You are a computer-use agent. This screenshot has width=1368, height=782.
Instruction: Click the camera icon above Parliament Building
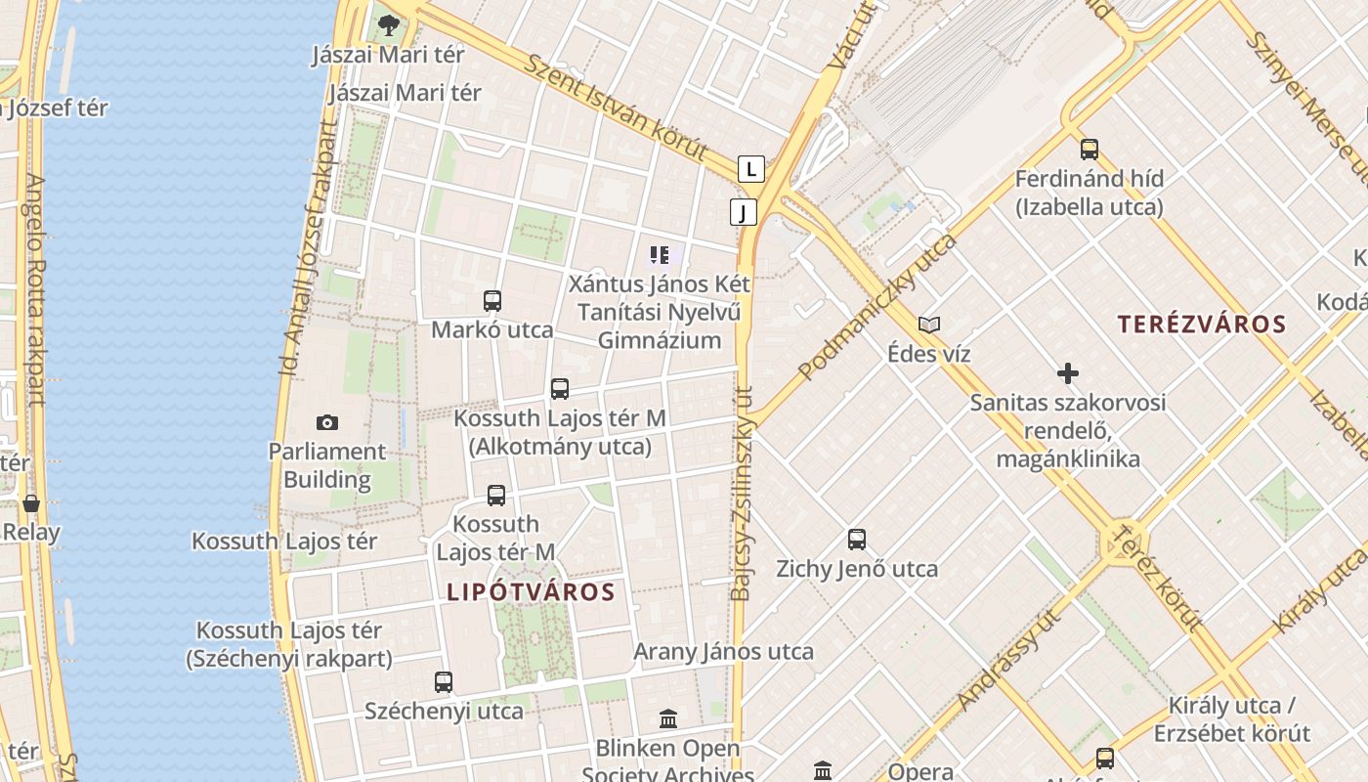point(327,422)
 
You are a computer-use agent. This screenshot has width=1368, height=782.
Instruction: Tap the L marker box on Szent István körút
point(750,169)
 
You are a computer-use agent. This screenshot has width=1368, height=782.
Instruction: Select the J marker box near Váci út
point(744,212)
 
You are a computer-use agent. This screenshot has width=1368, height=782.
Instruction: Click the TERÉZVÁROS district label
point(1201,325)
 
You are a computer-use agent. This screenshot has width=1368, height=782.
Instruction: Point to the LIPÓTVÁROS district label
point(531,591)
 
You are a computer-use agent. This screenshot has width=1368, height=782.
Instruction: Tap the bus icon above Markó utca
point(492,300)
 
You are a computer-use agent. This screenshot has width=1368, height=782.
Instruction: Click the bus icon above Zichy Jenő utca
point(857,539)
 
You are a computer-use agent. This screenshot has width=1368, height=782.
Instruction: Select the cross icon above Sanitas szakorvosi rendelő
point(1068,372)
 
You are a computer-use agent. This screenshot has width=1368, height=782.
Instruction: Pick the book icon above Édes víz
point(929,325)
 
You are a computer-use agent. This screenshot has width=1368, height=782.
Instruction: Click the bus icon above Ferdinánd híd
point(1090,150)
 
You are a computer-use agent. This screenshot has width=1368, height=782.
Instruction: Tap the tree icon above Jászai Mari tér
point(389,25)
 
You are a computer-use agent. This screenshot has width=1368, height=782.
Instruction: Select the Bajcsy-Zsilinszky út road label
point(743,493)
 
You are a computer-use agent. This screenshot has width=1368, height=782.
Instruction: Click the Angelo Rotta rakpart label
point(36,289)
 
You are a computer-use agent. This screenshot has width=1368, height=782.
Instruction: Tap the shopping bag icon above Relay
point(31,503)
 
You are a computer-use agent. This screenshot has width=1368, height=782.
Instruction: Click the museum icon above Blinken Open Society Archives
point(668,719)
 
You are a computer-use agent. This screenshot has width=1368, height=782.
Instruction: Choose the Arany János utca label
point(723,651)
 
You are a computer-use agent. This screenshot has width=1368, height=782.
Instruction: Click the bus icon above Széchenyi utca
point(444,681)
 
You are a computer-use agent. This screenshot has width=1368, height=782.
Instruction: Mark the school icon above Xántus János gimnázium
point(660,255)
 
